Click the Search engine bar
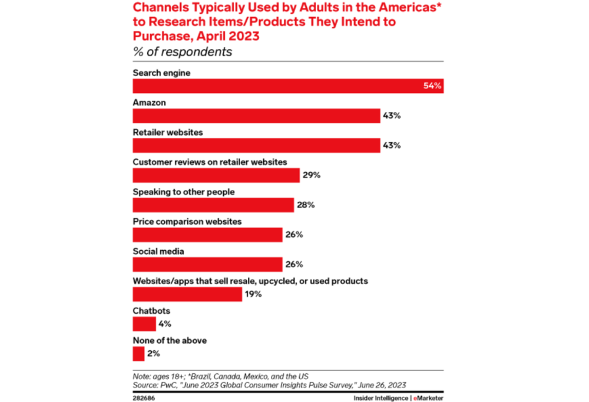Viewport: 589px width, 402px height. [x=288, y=86]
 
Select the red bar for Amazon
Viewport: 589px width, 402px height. [x=257, y=116]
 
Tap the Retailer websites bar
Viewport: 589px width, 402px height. [x=257, y=145]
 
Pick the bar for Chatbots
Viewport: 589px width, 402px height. [x=144, y=324]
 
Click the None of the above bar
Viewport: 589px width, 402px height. [x=138, y=354]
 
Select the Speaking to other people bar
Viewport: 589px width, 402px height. [x=213, y=205]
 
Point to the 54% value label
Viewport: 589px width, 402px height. [x=433, y=86]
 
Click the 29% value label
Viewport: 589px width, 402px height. [x=311, y=175]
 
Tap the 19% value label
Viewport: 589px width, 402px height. [x=253, y=294]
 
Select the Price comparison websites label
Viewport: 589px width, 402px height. [x=187, y=221]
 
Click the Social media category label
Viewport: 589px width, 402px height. [x=158, y=251]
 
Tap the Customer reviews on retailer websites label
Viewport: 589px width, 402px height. [x=209, y=162]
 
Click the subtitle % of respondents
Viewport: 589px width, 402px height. [x=182, y=52]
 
